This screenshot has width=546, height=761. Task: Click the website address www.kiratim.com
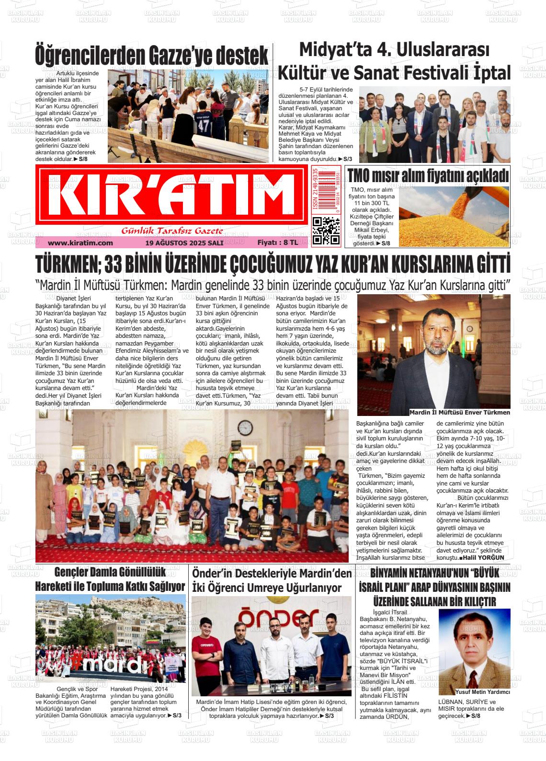80,243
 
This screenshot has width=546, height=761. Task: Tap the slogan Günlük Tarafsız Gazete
172,231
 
